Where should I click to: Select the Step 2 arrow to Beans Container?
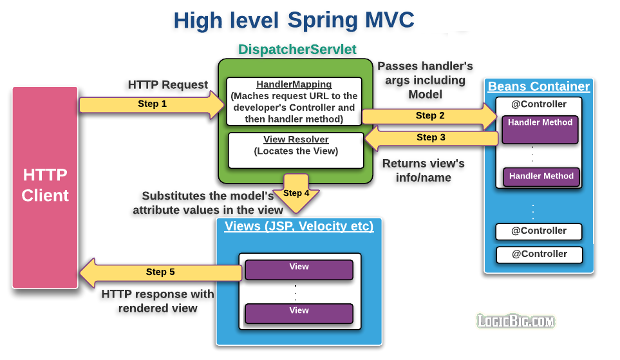tap(429, 116)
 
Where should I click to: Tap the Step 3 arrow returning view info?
tap(431, 138)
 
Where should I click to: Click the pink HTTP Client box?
tap(45, 187)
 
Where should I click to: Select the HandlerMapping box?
tap(294, 102)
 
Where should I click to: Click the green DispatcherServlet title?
tap(297, 50)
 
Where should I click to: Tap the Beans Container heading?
tap(538, 86)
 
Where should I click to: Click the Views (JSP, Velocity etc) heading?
tap(299, 227)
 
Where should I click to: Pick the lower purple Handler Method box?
tap(541, 176)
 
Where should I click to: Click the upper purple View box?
tap(299, 269)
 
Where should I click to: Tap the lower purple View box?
tap(299, 313)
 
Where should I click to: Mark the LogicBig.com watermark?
tap(515, 321)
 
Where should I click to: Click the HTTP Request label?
tap(168, 84)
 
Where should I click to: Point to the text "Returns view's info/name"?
tap(423, 170)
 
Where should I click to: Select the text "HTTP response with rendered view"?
tap(158, 301)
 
